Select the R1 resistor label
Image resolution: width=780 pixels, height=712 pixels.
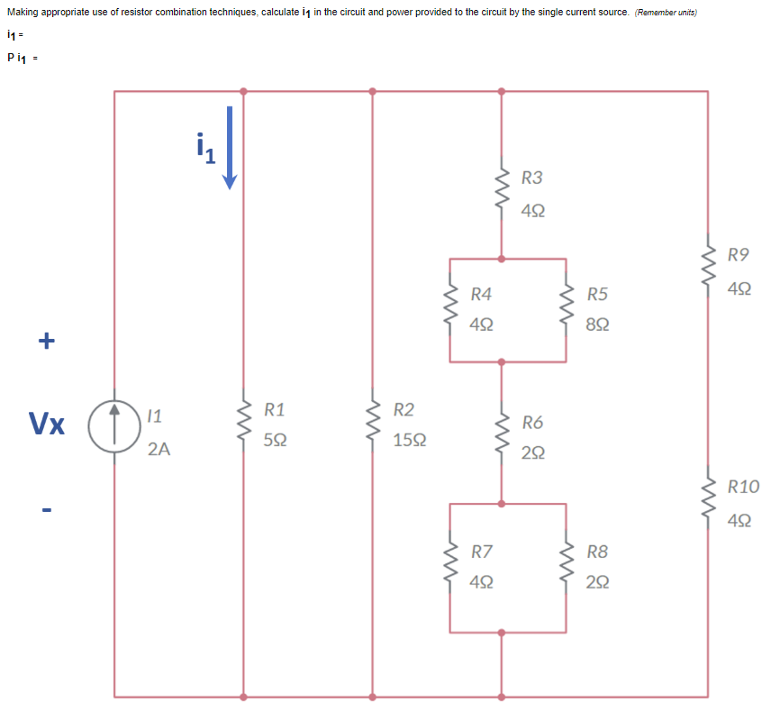pos(275,410)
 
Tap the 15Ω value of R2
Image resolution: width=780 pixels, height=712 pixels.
pos(410,442)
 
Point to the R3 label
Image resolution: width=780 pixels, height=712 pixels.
pos(532,178)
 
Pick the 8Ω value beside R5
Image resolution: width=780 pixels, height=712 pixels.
pos(597,324)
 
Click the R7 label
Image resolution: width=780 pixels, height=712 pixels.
pos(482,551)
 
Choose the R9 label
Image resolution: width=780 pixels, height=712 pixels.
pos(739,256)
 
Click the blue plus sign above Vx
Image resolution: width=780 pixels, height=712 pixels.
pos(46,341)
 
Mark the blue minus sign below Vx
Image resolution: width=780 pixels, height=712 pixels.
pos(46,511)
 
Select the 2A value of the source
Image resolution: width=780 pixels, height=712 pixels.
pos(159,448)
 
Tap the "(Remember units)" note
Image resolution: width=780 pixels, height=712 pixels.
pos(666,13)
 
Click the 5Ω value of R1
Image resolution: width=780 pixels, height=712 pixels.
pos(276,442)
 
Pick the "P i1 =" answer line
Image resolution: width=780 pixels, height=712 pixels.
pos(21,58)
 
